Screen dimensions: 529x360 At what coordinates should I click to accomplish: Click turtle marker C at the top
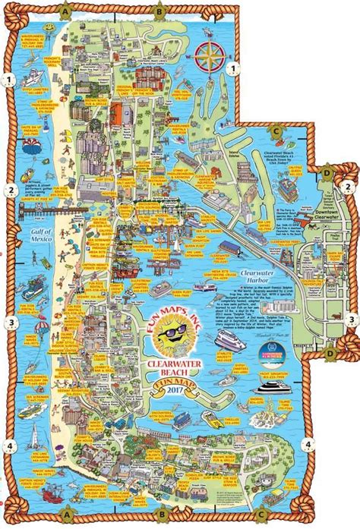click(278, 131)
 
